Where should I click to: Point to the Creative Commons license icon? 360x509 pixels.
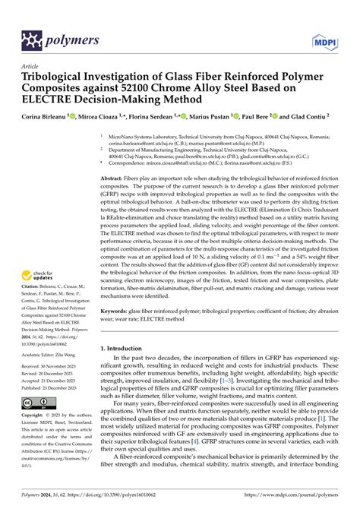pos(37,402)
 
